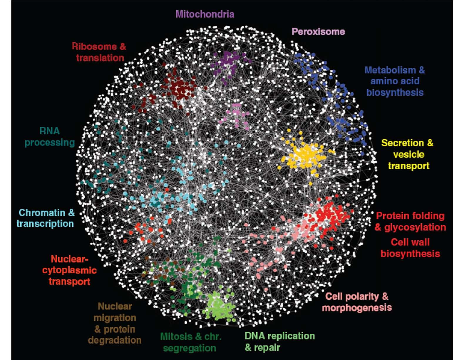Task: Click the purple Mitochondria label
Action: click(205, 14)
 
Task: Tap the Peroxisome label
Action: click(318, 32)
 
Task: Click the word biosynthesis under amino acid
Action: click(395, 93)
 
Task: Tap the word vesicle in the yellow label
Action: click(408, 155)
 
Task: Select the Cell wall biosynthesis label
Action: click(410, 248)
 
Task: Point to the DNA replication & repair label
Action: click(280, 342)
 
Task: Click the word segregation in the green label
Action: click(190, 348)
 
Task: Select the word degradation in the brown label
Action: click(115, 340)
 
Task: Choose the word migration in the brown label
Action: click(115, 318)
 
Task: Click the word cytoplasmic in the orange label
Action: click(69, 271)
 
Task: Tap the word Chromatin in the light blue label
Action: click(42, 213)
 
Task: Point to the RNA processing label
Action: click(50, 137)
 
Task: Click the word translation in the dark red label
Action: click(100, 58)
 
